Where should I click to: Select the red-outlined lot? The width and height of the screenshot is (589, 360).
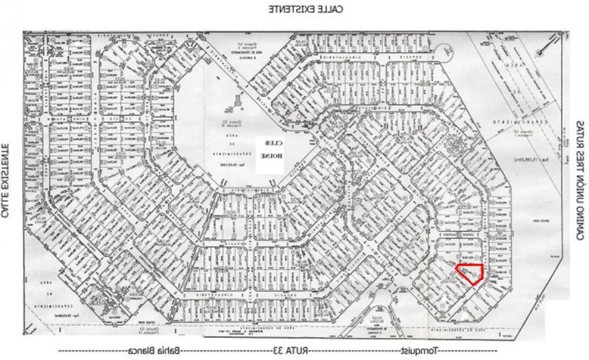pyautogui.click(x=470, y=273)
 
